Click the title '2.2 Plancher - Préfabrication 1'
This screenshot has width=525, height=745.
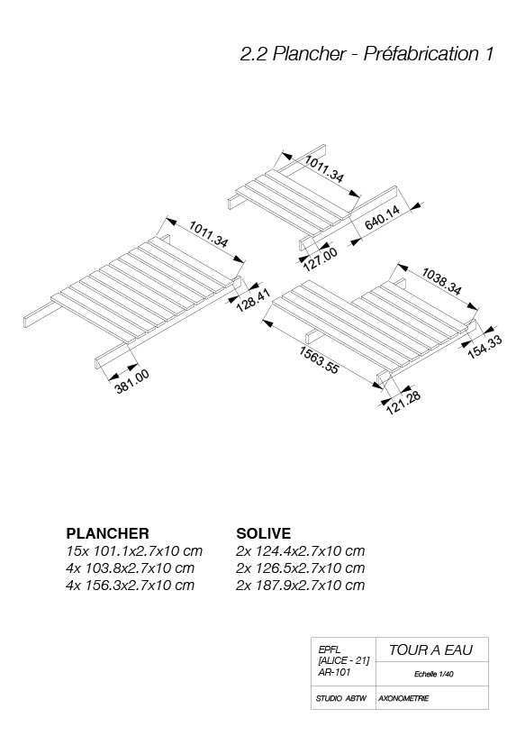tap(367, 54)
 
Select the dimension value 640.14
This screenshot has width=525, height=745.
tap(383, 218)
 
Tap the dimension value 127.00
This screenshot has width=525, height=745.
tap(320, 259)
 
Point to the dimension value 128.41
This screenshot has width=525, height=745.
tap(253, 299)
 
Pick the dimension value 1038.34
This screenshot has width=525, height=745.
tap(441, 282)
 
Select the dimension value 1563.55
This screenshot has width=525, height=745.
tap(319, 359)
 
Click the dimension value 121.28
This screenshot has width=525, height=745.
tap(403, 403)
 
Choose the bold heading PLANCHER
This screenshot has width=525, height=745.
tap(107, 533)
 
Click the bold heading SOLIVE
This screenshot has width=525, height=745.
tap(264, 533)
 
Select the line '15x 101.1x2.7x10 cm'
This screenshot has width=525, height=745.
tap(134, 551)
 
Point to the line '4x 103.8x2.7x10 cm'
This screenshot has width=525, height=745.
tap(131, 568)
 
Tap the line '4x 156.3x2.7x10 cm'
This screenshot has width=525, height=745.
tap(131, 585)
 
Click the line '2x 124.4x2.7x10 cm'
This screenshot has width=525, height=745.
tap(300, 551)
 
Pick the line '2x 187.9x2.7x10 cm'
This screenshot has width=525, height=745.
tap(300, 585)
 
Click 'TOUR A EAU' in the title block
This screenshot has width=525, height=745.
tap(431, 650)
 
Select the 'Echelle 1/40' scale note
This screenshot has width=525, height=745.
tap(434, 674)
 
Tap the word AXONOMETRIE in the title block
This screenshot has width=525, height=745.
tap(403, 698)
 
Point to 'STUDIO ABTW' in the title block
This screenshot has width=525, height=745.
tap(341, 698)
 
